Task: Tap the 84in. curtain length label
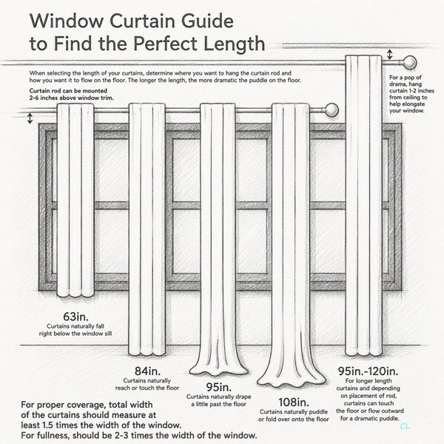click(x=147, y=371)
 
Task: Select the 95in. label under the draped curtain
click(x=218, y=387)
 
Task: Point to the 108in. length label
click(x=294, y=402)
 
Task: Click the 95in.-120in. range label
click(x=368, y=371)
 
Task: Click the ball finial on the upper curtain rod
click(x=409, y=62)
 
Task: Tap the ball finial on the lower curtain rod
click(x=332, y=110)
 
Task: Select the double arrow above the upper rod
click(x=390, y=54)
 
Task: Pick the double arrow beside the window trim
click(x=30, y=118)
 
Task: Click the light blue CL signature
click(x=405, y=426)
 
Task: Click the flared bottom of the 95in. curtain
click(x=218, y=368)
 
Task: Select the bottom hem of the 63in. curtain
click(x=75, y=295)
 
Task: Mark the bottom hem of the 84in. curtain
click(x=147, y=353)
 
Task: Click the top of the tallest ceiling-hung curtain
click(x=363, y=57)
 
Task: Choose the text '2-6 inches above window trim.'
click(x=71, y=98)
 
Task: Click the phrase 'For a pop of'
click(x=406, y=77)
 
